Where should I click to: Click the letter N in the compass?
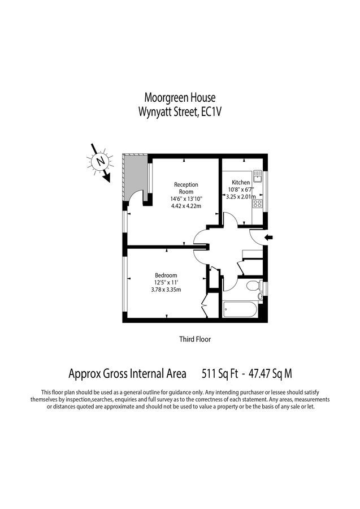tap(101, 161)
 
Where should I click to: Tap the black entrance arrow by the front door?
tap(270, 237)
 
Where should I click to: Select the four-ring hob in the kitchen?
tap(257, 203)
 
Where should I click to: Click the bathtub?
tap(240, 309)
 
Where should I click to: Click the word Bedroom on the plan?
tap(166, 275)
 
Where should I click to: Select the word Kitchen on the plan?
tap(241, 183)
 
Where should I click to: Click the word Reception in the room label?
tap(186, 184)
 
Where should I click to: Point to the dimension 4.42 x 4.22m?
tap(186, 206)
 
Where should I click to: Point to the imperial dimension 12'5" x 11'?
tap(166, 283)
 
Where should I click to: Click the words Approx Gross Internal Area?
tap(127, 374)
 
